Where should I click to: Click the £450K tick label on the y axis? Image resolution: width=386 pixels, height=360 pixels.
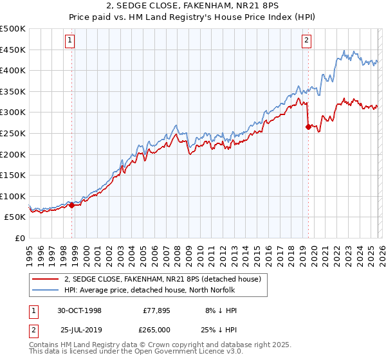[13, 50]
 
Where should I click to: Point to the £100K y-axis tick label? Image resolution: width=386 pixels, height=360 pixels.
[13, 196]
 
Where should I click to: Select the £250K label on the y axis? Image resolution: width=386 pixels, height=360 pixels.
[13, 133]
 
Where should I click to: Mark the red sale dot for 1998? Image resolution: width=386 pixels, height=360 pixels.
[72, 205]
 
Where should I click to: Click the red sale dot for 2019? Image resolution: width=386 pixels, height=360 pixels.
[308, 127]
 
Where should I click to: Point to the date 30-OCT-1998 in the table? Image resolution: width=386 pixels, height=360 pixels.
[80, 310]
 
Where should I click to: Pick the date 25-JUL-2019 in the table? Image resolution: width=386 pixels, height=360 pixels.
[80, 329]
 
